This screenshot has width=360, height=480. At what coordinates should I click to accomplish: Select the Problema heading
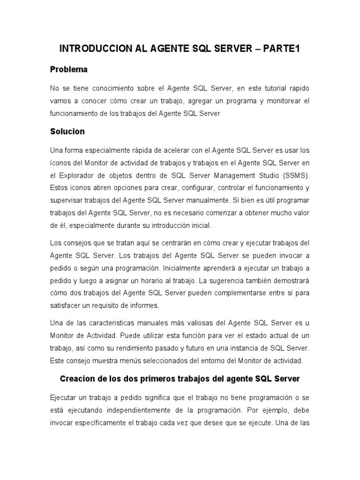[68, 69]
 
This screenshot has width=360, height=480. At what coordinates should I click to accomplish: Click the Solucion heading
[67, 131]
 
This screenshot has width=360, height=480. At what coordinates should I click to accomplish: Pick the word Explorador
[78, 175]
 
